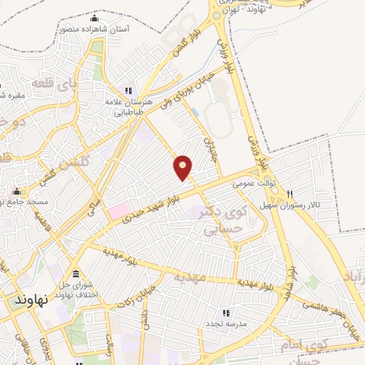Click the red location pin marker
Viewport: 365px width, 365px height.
[x=183, y=168]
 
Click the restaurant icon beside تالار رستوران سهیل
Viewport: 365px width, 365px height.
[x=290, y=194]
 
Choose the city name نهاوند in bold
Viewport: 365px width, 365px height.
[x=31, y=300]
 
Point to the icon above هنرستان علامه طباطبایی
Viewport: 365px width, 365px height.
[x=129, y=91]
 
